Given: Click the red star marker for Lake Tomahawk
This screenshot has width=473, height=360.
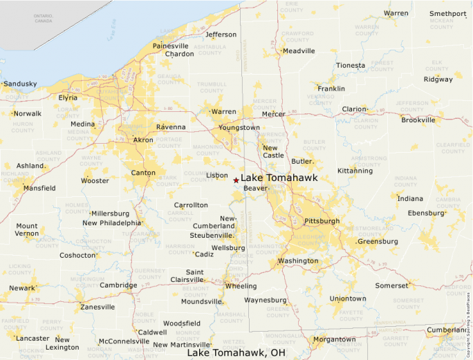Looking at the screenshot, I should tap(236, 180).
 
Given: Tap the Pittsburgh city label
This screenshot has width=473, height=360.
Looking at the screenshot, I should tap(322, 221).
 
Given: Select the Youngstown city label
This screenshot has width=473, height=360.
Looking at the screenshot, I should tap(239, 128).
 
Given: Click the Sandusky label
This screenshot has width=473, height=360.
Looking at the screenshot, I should tap(20, 84).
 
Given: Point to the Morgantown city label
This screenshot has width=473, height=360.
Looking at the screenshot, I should tap(334, 339).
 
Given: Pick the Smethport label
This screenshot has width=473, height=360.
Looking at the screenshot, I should tap(447, 13).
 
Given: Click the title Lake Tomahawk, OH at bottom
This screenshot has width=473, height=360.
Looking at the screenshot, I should tap(236, 352).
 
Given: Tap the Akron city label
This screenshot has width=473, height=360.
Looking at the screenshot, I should tap(143, 140).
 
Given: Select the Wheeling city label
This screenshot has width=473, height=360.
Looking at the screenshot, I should tap(241, 286).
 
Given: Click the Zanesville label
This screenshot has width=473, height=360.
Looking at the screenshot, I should tap(98, 307).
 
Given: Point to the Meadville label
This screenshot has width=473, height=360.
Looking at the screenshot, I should tap(299, 50).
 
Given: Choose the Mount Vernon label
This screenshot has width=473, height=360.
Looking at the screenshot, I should tap(27, 230).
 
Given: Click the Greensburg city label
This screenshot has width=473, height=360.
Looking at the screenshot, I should tap(378, 242).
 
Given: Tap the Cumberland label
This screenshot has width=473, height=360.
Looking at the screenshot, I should tap(447, 330).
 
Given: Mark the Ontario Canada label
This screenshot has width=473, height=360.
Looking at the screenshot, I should tap(24, 17).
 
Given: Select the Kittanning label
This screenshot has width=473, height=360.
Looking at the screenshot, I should tap(355, 170).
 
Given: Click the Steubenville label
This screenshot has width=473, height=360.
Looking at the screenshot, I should tap(212, 235).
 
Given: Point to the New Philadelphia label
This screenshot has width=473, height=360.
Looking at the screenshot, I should tap(111, 223).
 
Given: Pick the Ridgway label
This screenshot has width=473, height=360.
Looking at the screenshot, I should tap(438, 79).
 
